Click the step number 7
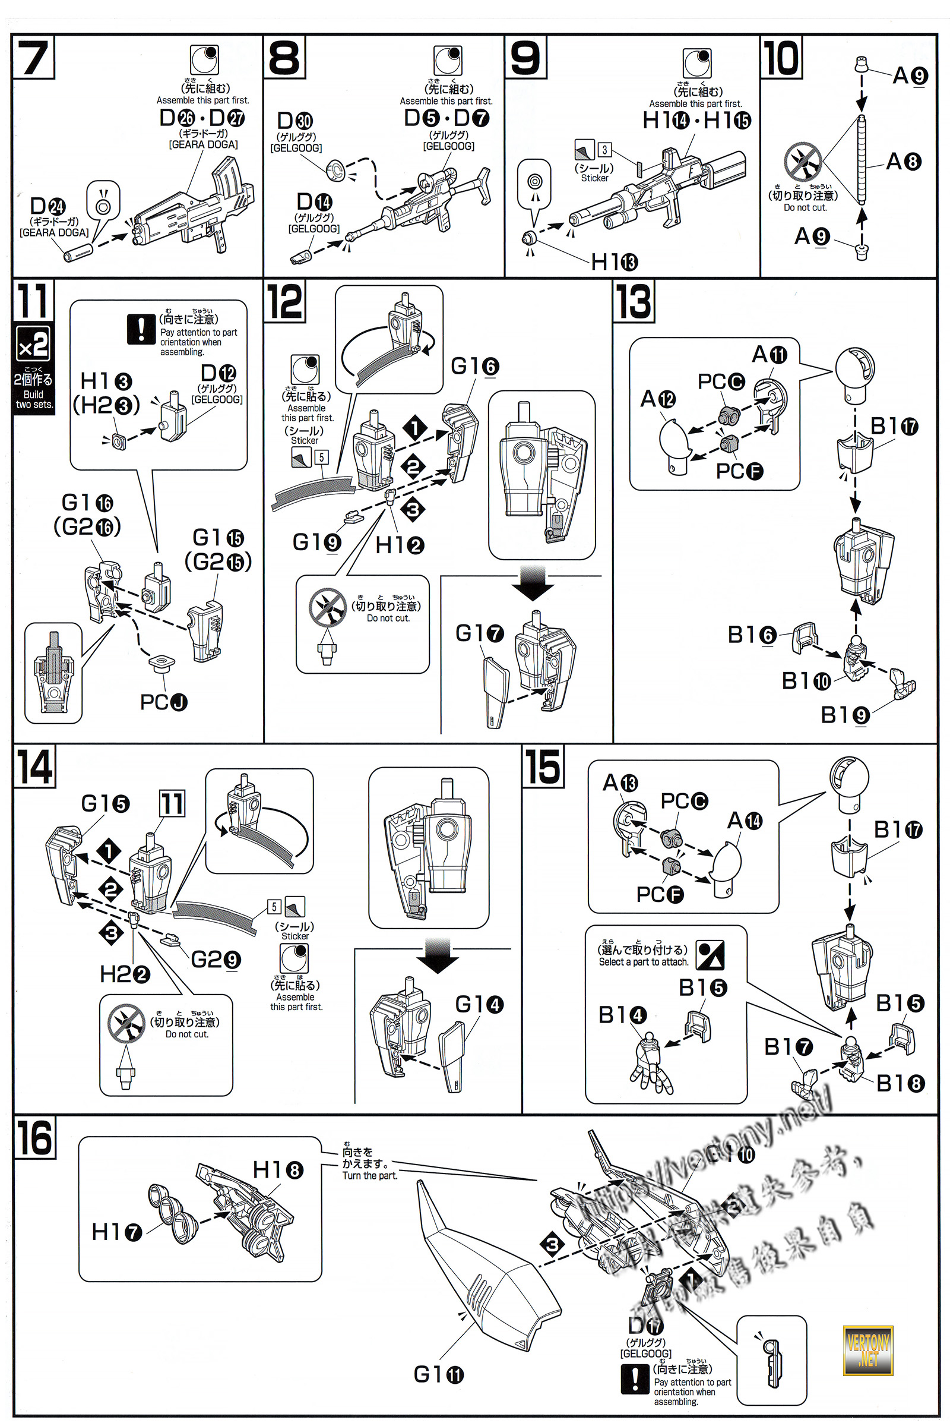[x=34, y=58]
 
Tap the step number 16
[x=34, y=1137]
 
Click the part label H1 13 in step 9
[x=614, y=262]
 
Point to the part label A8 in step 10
[x=902, y=162]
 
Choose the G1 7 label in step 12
[x=479, y=633]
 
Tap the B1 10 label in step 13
[x=806, y=681]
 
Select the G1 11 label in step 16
[x=438, y=1374]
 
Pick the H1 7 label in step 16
[x=116, y=1231]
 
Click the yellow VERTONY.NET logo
[x=867, y=1351]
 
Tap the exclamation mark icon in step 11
[x=141, y=330]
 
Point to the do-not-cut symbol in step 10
[x=802, y=162]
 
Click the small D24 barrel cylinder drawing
[x=79, y=251]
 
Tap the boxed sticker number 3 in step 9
[x=604, y=149]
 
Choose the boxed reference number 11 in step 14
[x=172, y=804]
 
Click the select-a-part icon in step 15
[x=710, y=955]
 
